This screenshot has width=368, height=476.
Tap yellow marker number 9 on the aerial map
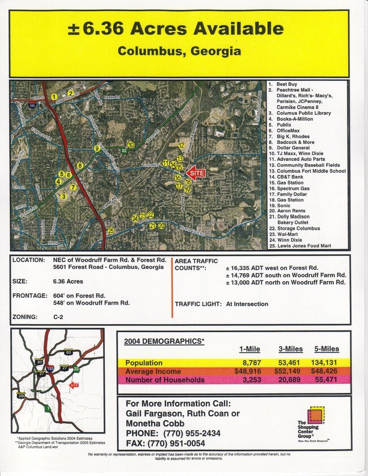[x=97, y=149]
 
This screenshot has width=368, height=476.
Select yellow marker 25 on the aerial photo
[x=111, y=231]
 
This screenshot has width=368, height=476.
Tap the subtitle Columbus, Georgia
[x=179, y=51]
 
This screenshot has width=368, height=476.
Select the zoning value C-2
[x=58, y=317]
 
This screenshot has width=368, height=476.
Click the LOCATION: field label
[x=28, y=260]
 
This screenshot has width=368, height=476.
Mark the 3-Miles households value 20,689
[x=288, y=380]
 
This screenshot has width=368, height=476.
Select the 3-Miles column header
[x=289, y=349]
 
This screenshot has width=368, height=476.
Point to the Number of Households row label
[x=165, y=380]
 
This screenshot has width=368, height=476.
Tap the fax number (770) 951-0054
[x=181, y=443]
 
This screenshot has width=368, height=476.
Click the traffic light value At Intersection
[x=247, y=304]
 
